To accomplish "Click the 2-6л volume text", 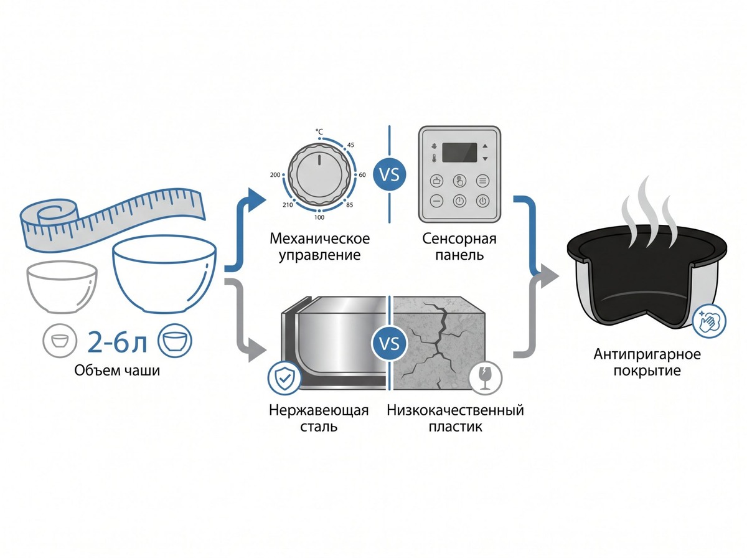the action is (x=117, y=341).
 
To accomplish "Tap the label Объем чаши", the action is (x=117, y=371).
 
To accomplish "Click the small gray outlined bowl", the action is (x=62, y=286).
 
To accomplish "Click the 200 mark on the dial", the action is (x=275, y=175).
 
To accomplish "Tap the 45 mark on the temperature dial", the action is (x=350, y=145).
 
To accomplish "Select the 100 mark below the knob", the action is (x=319, y=217).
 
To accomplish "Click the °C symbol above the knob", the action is (x=319, y=131).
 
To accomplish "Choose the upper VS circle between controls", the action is (x=389, y=174).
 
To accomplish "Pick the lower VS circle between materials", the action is (x=389, y=343).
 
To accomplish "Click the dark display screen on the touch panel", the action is (x=459, y=153).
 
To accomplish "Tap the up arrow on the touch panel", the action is (x=485, y=146).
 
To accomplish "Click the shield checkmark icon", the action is (x=284, y=378).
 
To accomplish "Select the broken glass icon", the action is (x=486, y=378).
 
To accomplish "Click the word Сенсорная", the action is (x=459, y=239).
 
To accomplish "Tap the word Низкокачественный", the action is (x=455, y=410).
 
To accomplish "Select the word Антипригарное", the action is (x=647, y=354).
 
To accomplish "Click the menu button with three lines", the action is (x=482, y=181).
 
